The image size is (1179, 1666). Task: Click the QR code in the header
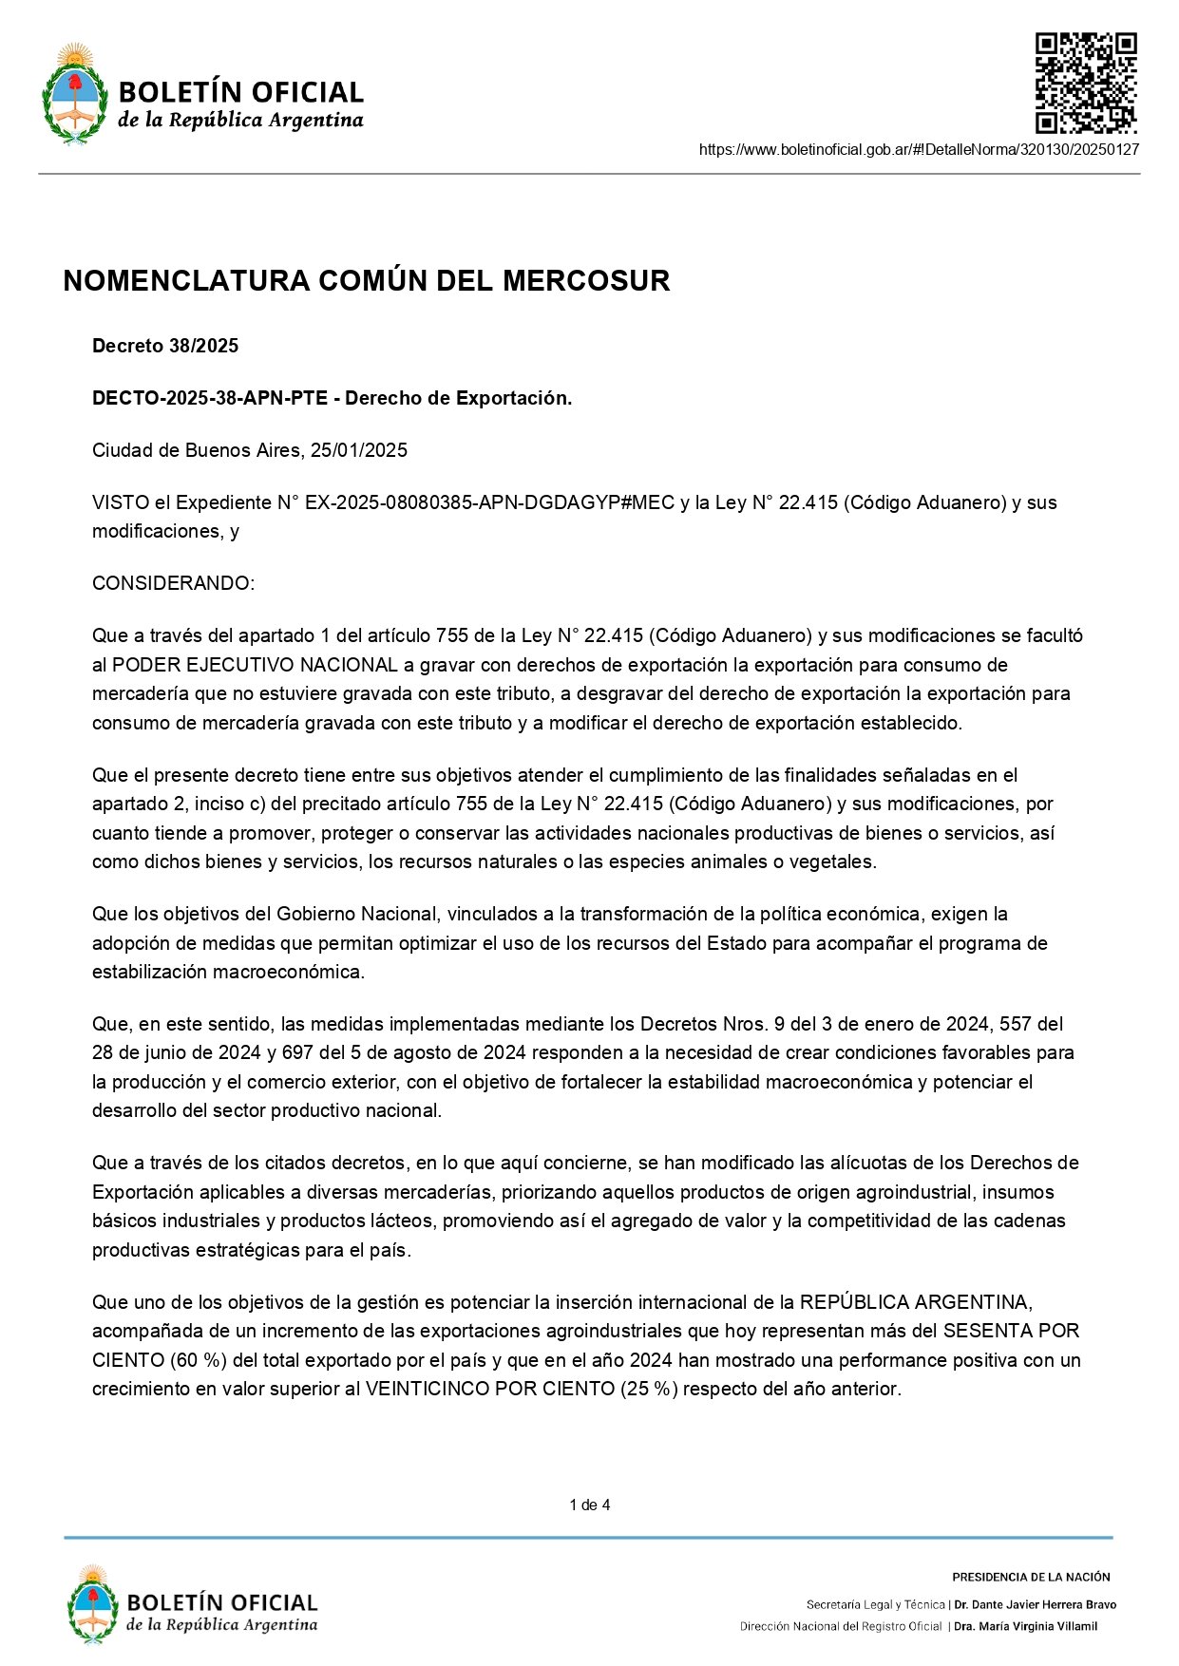click(x=1085, y=83)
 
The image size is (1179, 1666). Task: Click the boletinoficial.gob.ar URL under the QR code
click(x=919, y=149)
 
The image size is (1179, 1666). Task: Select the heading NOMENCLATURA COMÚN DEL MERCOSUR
click(x=367, y=281)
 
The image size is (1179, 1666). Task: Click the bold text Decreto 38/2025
click(x=165, y=346)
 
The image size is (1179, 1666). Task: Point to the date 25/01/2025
click(x=358, y=450)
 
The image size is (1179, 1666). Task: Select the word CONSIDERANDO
click(x=172, y=583)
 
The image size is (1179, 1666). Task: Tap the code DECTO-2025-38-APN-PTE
click(x=210, y=398)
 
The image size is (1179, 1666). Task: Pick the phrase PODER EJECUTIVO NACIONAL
click(x=255, y=665)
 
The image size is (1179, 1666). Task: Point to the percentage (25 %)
click(x=649, y=1389)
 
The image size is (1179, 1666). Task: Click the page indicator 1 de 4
click(x=589, y=1505)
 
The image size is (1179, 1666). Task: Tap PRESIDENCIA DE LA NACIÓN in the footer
click(x=1031, y=1577)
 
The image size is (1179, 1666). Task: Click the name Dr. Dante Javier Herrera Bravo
click(x=1035, y=1604)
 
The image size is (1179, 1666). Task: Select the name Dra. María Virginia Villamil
click(x=1025, y=1626)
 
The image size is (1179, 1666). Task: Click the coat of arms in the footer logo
click(x=92, y=1604)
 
